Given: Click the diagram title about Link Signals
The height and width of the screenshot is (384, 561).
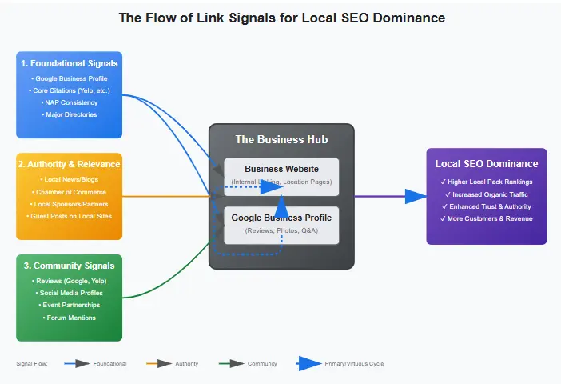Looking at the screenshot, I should click(281, 18).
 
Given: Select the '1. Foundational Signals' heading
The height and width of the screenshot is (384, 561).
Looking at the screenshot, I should click(69, 63).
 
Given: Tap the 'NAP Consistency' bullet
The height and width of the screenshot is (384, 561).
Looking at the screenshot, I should click(69, 102).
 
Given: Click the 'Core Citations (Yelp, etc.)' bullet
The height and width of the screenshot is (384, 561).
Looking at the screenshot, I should click(69, 90).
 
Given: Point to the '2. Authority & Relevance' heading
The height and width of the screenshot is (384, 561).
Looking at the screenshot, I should click(69, 165).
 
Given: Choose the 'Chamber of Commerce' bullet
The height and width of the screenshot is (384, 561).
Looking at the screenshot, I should click(69, 192).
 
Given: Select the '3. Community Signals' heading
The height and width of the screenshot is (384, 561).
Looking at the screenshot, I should click(69, 266).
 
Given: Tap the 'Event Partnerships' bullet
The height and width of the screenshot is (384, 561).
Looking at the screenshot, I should click(69, 305).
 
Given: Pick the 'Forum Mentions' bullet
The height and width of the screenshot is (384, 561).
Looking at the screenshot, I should click(69, 318).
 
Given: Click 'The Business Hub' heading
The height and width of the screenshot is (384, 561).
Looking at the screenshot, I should click(281, 139).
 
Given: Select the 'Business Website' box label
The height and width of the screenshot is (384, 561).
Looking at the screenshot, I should click(281, 169).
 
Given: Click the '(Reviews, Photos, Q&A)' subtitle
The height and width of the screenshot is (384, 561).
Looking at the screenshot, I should click(281, 230).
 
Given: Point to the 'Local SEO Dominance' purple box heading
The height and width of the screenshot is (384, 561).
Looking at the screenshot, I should click(486, 164).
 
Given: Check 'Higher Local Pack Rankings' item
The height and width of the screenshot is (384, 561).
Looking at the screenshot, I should click(486, 182).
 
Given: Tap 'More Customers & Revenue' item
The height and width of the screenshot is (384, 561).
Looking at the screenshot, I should click(486, 218).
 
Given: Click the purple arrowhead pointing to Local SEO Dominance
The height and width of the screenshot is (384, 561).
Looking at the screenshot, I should click(416, 196).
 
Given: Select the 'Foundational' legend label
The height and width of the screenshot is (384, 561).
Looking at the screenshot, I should click(109, 363).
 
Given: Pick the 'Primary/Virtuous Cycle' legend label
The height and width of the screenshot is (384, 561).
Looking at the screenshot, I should click(354, 363).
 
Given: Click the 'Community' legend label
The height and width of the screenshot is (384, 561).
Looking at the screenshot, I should click(262, 363).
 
